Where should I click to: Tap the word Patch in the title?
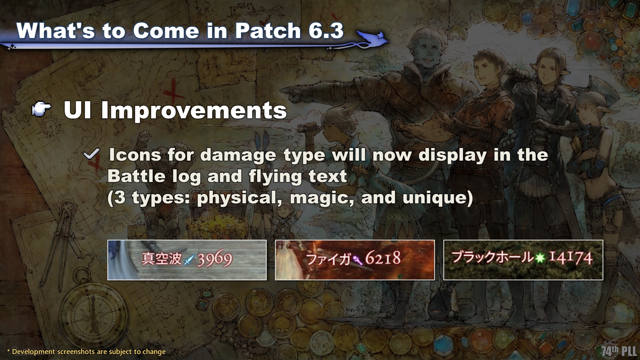(x=268, y=31)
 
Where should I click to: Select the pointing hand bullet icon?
(x=41, y=110)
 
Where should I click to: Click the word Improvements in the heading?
(x=194, y=110)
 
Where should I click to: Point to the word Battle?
(x=136, y=176)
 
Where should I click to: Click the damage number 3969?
(x=215, y=259)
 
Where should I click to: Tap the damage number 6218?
(x=383, y=258)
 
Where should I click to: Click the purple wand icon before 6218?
(x=358, y=258)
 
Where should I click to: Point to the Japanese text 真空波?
(x=162, y=259)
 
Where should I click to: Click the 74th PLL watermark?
(x=619, y=351)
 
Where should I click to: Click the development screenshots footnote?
(x=86, y=352)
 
